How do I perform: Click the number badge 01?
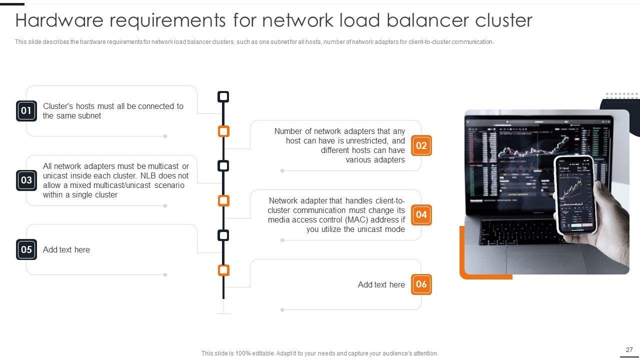pyautogui.click(x=26, y=110)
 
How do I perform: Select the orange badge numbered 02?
pyautogui.click(x=421, y=145)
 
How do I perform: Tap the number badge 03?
pyautogui.click(x=26, y=180)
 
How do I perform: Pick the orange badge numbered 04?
pyautogui.click(x=421, y=215)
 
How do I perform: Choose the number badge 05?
pyautogui.click(x=26, y=249)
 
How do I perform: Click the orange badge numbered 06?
pyautogui.click(x=421, y=284)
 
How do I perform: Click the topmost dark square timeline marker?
pyautogui.click(x=223, y=96)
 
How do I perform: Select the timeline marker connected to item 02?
pyautogui.click(x=223, y=131)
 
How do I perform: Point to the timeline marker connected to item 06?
pyautogui.click(x=223, y=270)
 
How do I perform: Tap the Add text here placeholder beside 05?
pyautogui.click(x=66, y=250)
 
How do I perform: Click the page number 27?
pyautogui.click(x=629, y=350)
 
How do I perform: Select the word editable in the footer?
pyautogui.click(x=262, y=353)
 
